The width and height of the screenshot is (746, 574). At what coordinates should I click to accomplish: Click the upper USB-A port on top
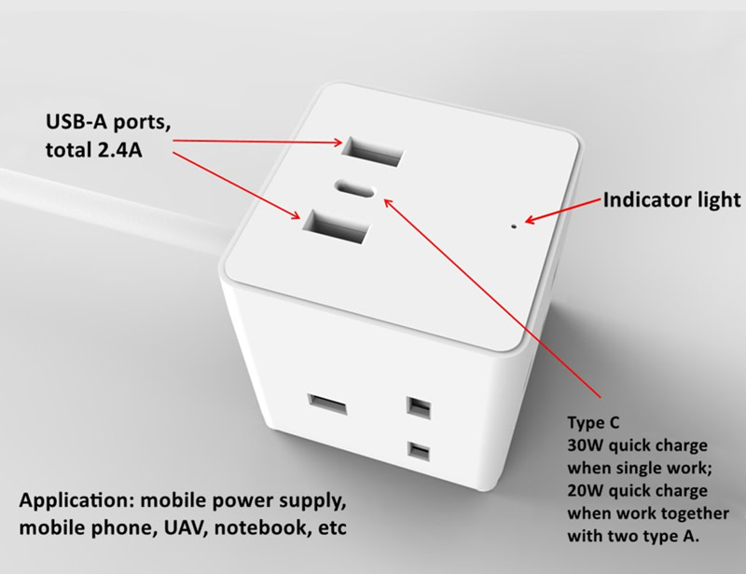373,151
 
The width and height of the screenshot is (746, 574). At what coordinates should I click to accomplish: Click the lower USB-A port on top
336,226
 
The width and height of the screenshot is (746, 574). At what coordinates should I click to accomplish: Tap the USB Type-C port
356,188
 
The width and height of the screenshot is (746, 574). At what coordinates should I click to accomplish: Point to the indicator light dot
514,226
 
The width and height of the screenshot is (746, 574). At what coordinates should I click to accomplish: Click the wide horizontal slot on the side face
327,404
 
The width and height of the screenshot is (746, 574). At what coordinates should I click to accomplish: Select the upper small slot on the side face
419,407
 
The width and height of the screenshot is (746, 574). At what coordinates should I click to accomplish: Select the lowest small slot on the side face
418,451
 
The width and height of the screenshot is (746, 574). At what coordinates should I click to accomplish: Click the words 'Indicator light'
671,200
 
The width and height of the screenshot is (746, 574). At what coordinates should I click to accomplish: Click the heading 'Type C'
593,423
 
